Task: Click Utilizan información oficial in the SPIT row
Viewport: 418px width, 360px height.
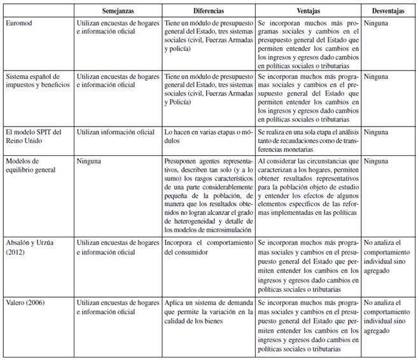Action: pyautogui.click(x=115, y=132)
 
